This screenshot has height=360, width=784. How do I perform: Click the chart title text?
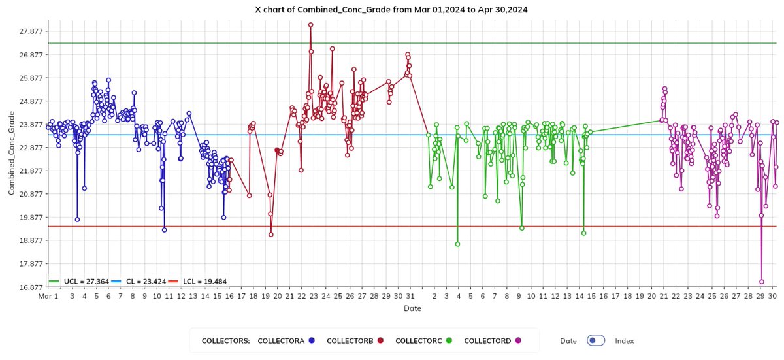pyautogui.click(x=391, y=10)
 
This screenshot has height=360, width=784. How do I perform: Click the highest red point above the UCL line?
pyautogui.click(x=310, y=25)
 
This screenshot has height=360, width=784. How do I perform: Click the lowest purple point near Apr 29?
pyautogui.click(x=762, y=282)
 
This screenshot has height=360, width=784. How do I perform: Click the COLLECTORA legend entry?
pyautogui.click(x=282, y=340)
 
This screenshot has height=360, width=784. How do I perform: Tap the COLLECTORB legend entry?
pyautogui.click(x=350, y=340)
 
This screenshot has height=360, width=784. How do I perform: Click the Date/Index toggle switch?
pyautogui.click(x=596, y=340)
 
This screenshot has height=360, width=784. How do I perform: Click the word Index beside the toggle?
pyautogui.click(x=624, y=341)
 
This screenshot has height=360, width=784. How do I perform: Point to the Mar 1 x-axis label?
pyautogui.click(x=48, y=296)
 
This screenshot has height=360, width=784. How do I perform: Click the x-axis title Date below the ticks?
pyautogui.click(x=412, y=308)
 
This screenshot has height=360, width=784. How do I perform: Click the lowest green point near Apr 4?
pyautogui.click(x=458, y=244)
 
